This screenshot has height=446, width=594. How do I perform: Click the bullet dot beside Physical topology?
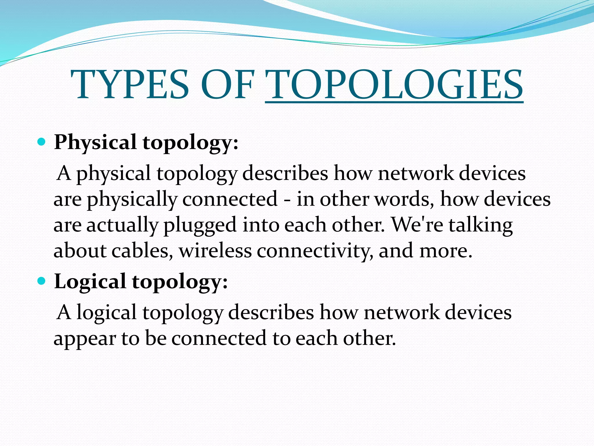click(x=42, y=142)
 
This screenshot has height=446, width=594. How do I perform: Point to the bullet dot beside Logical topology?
click(x=42, y=281)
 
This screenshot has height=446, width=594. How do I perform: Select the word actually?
click(x=122, y=225)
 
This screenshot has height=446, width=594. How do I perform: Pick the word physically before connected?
click(x=132, y=200)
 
